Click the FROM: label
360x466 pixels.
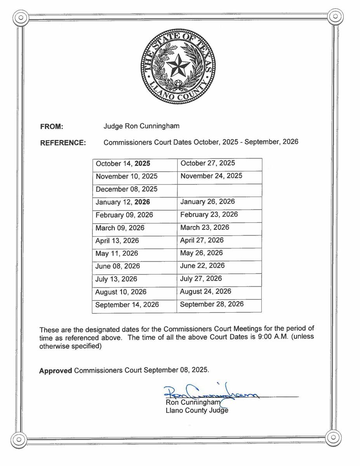[51, 127]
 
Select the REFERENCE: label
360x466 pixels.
[63, 143]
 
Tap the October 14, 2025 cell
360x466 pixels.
[123, 164]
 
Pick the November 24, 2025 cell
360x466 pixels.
[211, 176]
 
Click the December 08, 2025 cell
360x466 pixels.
[127, 190]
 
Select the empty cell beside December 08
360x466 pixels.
[219, 190]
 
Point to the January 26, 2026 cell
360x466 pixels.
[207, 202]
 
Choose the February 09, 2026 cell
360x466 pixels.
[124, 215]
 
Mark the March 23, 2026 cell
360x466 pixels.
[205, 228]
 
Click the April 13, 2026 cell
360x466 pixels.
[117, 241]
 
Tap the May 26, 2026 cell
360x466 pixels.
[201, 253]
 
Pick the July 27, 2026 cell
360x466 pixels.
[201, 279]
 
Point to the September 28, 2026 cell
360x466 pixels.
[212, 304]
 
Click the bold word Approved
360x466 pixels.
[56, 370]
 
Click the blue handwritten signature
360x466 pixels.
[210, 392]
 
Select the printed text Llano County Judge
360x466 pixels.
[197, 410]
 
